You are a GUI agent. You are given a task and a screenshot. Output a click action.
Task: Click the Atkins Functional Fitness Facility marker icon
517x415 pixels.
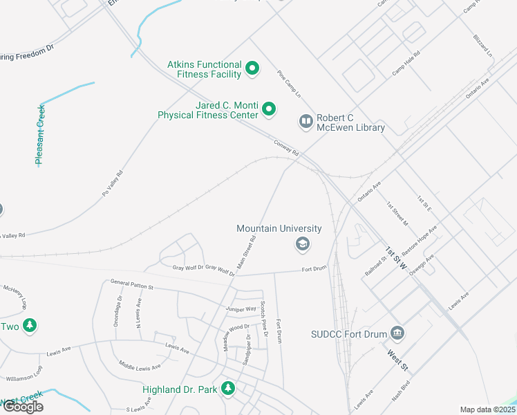click(252, 68)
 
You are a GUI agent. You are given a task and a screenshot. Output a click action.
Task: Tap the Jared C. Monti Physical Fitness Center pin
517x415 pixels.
click(270, 109)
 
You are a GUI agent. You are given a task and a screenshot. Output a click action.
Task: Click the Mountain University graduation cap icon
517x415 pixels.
click(301, 243)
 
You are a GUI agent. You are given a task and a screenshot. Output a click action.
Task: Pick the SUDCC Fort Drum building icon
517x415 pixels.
click(397, 333)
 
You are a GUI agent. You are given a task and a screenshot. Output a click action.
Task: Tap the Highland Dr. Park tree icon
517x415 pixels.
click(228, 389)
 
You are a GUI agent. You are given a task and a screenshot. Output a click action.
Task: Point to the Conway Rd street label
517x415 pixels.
click(285, 147)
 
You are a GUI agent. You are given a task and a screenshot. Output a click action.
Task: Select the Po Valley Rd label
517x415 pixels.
click(112, 182)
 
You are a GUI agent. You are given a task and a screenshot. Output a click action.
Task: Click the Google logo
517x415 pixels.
click(22, 407)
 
